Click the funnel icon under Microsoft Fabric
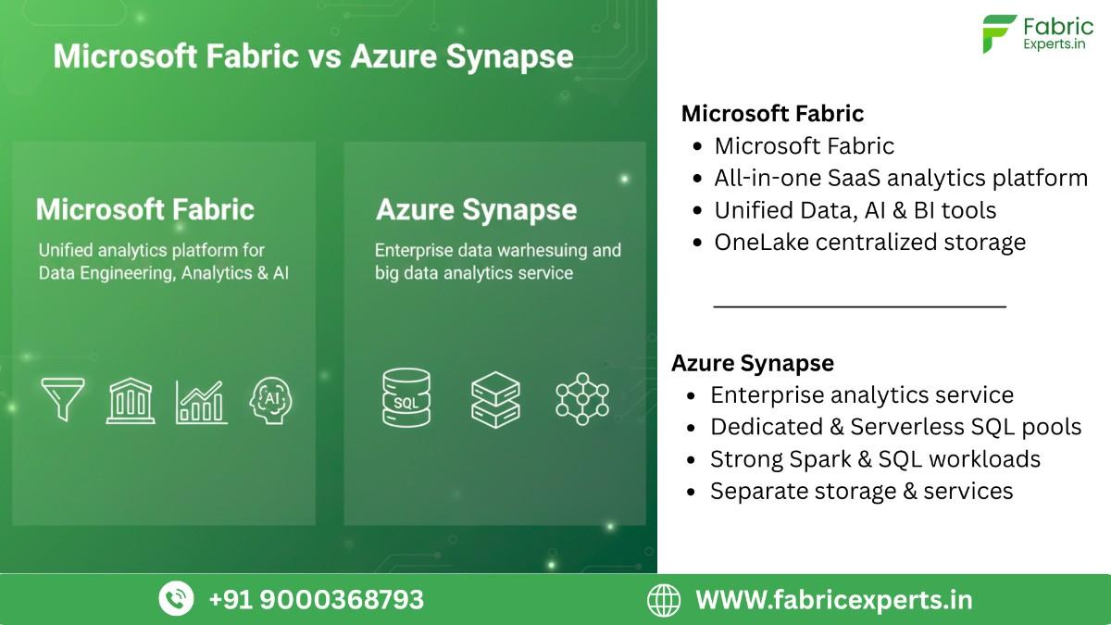pos(63,399)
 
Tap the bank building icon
pos(131,400)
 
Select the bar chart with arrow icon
pos(201,401)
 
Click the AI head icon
pos(271,400)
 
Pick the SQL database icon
pos(406,397)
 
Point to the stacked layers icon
pos(495,399)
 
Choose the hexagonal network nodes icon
pos(581,398)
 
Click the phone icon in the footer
pos(176,598)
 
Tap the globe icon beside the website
pos(663,599)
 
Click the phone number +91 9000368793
pos(316,599)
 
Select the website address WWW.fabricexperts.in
pos(833,599)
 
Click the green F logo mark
pos(999,34)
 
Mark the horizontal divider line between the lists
pos(859,305)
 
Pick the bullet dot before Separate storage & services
pos(692,491)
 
